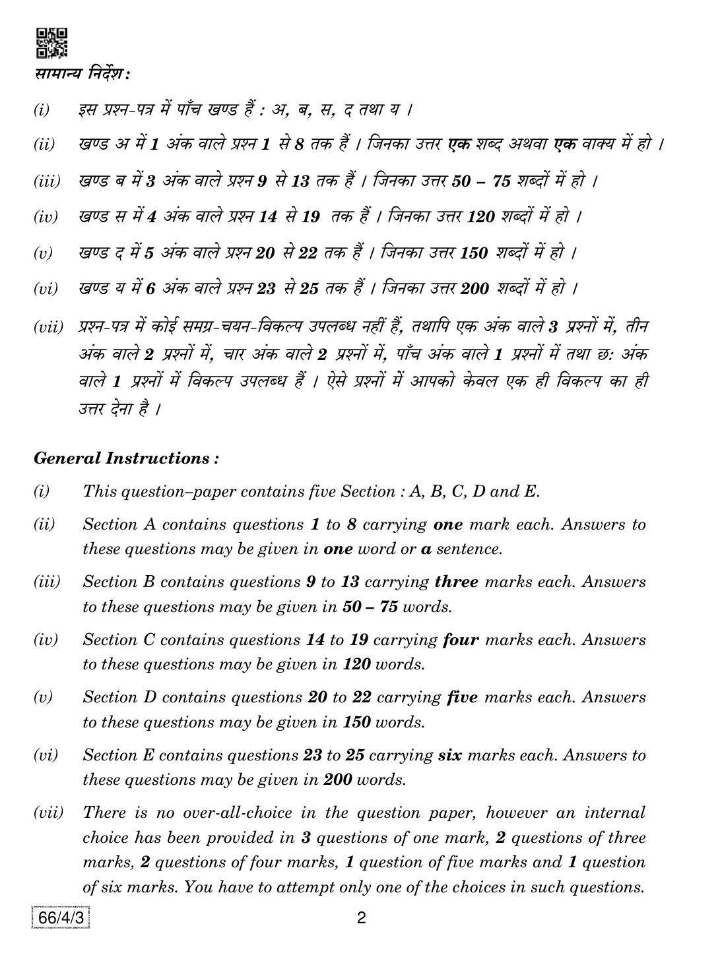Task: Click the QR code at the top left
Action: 51,42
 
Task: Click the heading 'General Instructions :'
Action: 126,458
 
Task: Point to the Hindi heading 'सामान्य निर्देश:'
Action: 82,74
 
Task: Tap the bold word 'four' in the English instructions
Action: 461,639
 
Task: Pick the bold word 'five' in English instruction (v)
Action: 462,697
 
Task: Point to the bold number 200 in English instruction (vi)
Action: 337,780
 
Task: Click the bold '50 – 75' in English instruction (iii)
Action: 370,607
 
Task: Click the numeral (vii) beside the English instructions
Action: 48,813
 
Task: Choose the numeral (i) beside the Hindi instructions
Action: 42,109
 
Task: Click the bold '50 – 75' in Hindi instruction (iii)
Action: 482,181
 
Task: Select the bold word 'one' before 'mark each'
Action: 449,524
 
